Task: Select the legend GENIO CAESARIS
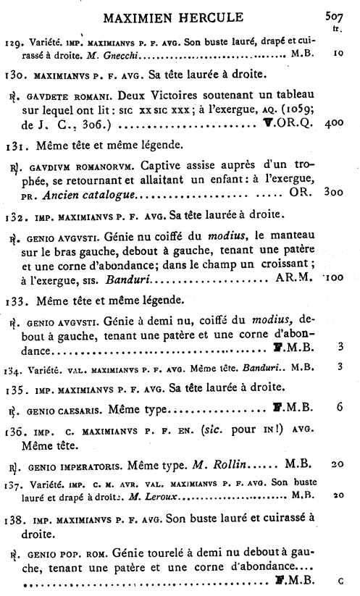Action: [63, 409]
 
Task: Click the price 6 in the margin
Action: [339, 408]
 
